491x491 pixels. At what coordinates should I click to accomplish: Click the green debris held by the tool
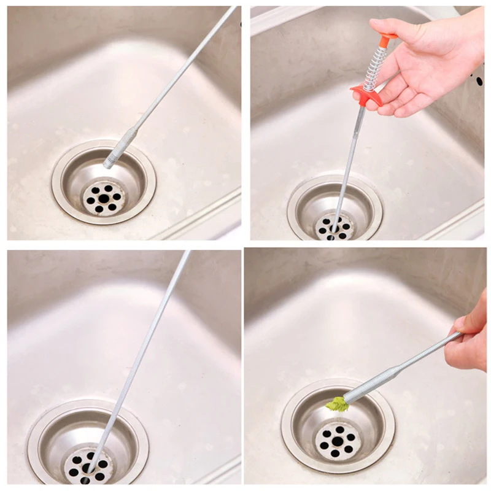click(336, 403)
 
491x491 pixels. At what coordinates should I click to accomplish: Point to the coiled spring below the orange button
click(375, 69)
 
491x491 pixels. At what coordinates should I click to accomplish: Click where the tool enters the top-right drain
click(334, 228)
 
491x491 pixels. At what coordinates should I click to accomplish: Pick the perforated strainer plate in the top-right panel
click(335, 227)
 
